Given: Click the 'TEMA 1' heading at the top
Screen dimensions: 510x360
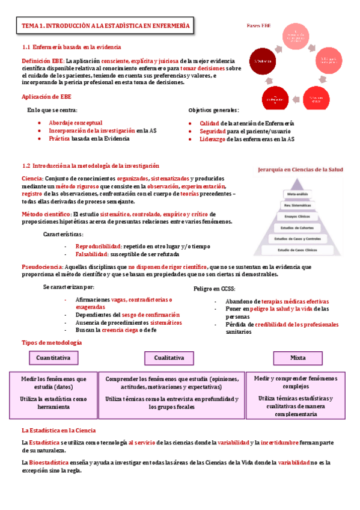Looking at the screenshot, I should pos(105,26).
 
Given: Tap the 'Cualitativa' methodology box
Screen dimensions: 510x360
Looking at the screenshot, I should pos(169,358).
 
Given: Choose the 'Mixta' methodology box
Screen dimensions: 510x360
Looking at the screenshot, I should pos(297,358).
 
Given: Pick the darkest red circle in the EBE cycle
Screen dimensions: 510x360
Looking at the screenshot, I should pos(263,61).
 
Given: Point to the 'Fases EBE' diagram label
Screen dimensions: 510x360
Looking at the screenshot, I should pos(259,26).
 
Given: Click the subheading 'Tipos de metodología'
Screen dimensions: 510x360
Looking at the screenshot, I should pos(52,343).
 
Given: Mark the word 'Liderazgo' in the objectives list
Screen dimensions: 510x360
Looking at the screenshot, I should pos(214,139).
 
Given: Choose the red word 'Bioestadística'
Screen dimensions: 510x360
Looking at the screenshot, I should pos(49,462).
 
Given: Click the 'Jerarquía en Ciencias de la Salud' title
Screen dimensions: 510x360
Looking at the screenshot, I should pos(300,170).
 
